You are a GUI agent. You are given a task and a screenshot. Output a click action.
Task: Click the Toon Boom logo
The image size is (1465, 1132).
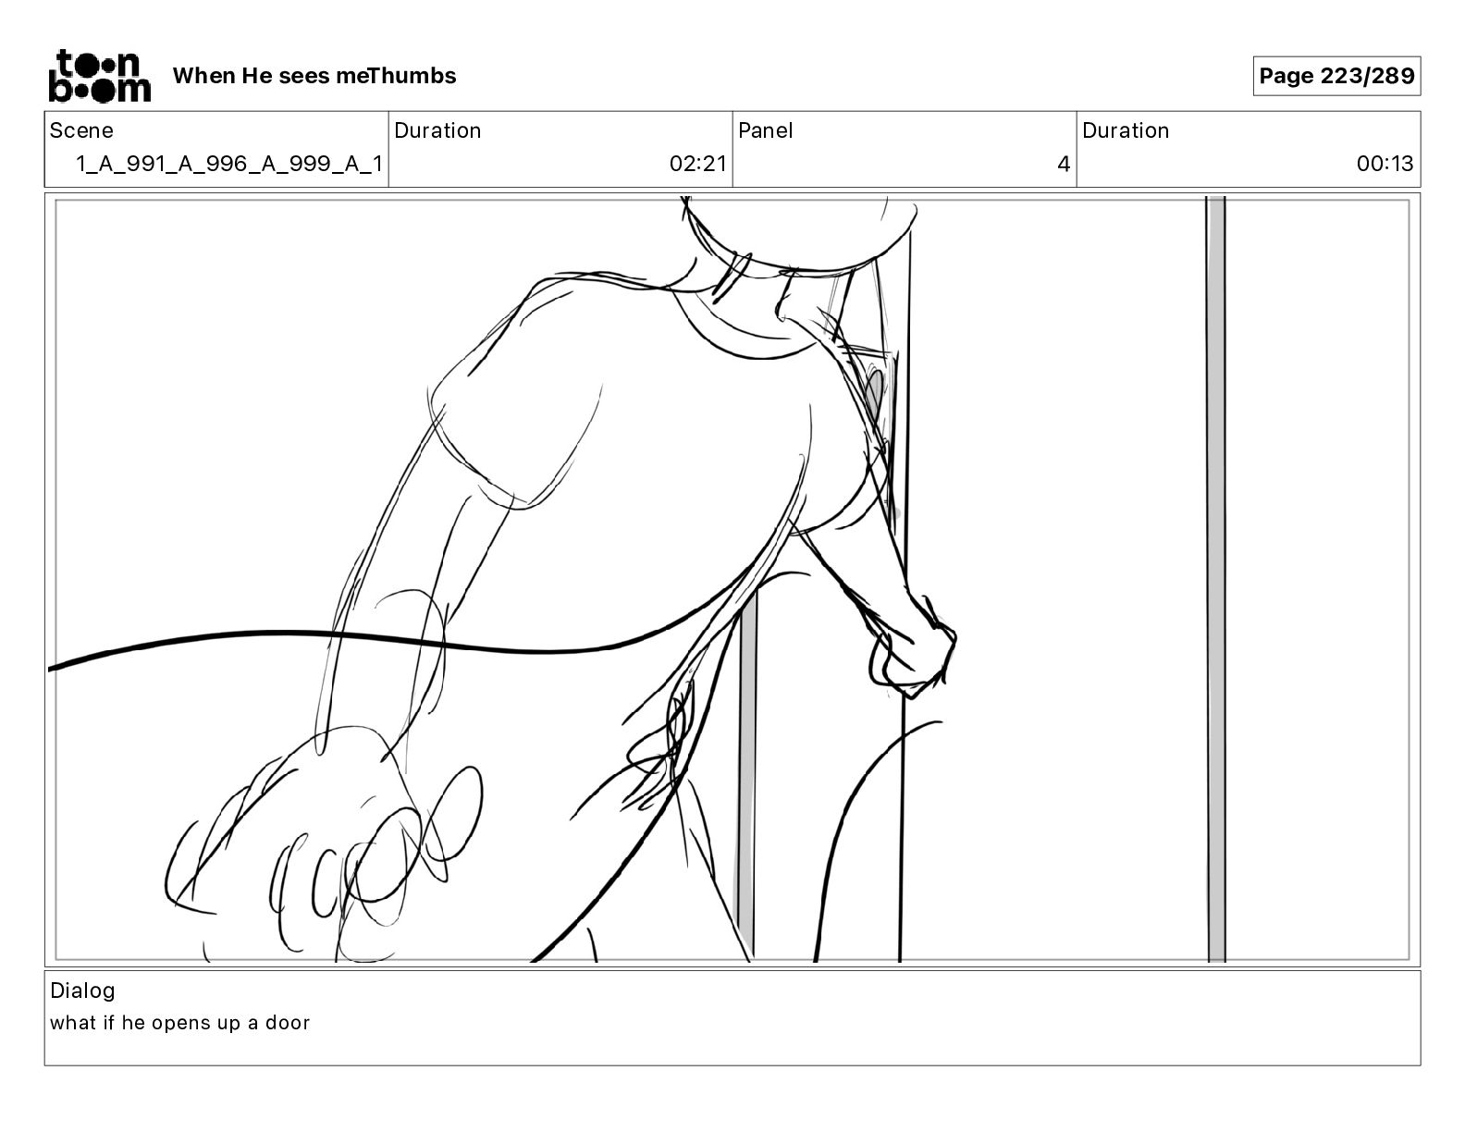[100, 76]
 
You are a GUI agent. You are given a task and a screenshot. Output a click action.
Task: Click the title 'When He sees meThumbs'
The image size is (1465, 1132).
[314, 76]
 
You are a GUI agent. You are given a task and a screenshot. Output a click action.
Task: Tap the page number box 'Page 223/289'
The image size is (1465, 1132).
[1336, 76]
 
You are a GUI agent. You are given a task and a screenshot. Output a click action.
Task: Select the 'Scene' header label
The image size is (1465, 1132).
[81, 130]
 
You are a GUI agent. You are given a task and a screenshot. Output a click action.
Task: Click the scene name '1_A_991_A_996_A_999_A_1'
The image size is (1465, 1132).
[229, 164]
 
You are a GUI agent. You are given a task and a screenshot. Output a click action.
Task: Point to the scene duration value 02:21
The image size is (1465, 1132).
[697, 164]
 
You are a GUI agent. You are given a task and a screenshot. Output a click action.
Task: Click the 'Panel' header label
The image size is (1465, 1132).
[765, 130]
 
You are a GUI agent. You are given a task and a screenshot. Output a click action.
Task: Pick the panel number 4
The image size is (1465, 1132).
[1064, 164]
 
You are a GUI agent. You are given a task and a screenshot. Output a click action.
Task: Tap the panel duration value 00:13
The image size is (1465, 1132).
[1385, 164]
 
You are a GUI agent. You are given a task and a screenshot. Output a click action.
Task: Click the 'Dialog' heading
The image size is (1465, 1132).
[82, 990]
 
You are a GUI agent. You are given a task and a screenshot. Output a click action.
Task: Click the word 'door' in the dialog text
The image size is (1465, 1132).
[288, 1023]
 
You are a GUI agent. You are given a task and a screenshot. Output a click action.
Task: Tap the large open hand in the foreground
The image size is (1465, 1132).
[324, 843]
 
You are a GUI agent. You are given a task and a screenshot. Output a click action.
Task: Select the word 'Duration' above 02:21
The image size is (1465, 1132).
[437, 130]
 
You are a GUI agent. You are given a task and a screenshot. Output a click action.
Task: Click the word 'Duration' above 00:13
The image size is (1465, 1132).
[1126, 130]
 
